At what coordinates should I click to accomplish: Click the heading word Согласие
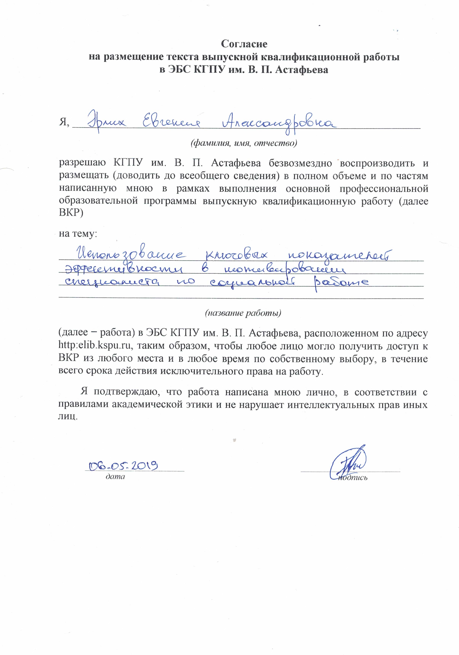coord(244,44)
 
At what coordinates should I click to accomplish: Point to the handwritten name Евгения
coord(171,123)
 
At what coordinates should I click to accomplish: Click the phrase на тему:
coord(78,234)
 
